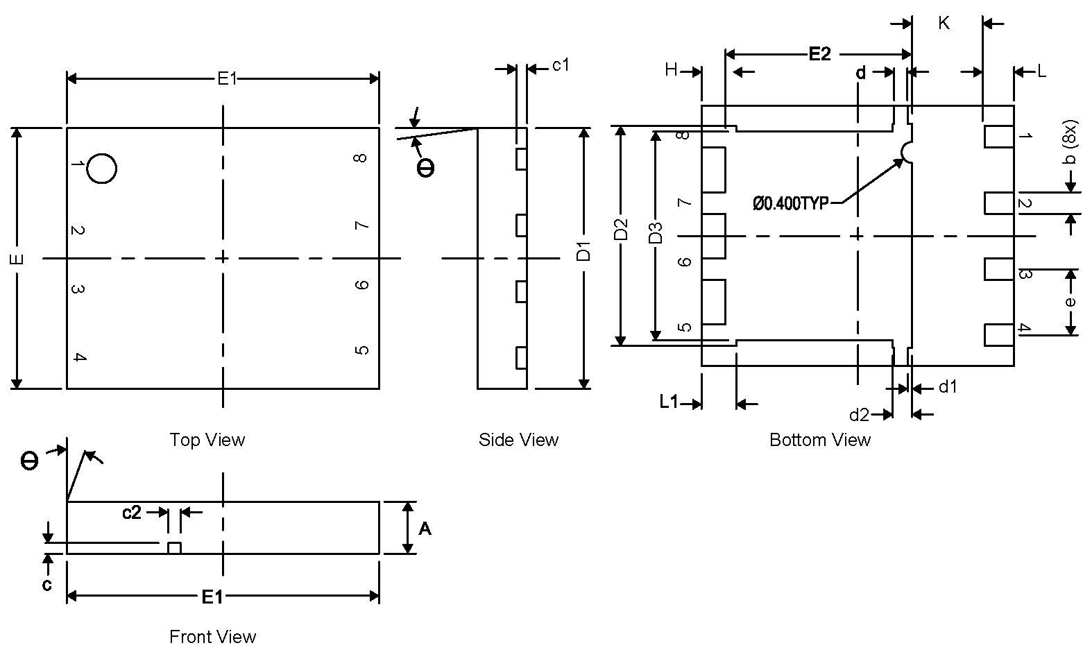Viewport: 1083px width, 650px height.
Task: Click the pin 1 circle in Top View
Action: pos(102,169)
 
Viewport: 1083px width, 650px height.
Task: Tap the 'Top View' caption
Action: pos(207,440)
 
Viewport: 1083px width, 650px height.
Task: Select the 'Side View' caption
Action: pos(518,440)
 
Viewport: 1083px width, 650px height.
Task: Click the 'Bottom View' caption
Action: pos(819,440)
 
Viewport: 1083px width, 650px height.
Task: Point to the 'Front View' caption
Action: pos(212,636)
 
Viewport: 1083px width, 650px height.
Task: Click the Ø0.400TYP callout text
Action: pos(790,203)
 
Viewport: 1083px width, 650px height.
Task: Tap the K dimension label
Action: pos(944,24)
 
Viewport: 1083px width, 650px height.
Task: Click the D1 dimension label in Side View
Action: pos(584,252)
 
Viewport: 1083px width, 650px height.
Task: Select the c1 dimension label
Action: pos(561,65)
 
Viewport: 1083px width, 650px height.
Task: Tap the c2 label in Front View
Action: pos(132,513)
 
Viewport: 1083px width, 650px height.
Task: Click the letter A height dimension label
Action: pos(425,529)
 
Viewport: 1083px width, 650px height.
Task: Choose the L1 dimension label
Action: pos(669,402)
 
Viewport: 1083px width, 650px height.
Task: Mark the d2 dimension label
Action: pos(859,415)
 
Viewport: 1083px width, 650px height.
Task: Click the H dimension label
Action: pos(671,70)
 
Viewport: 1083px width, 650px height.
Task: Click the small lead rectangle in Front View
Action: pos(174,548)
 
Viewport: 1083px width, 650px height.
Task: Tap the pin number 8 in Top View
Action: pos(360,158)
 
